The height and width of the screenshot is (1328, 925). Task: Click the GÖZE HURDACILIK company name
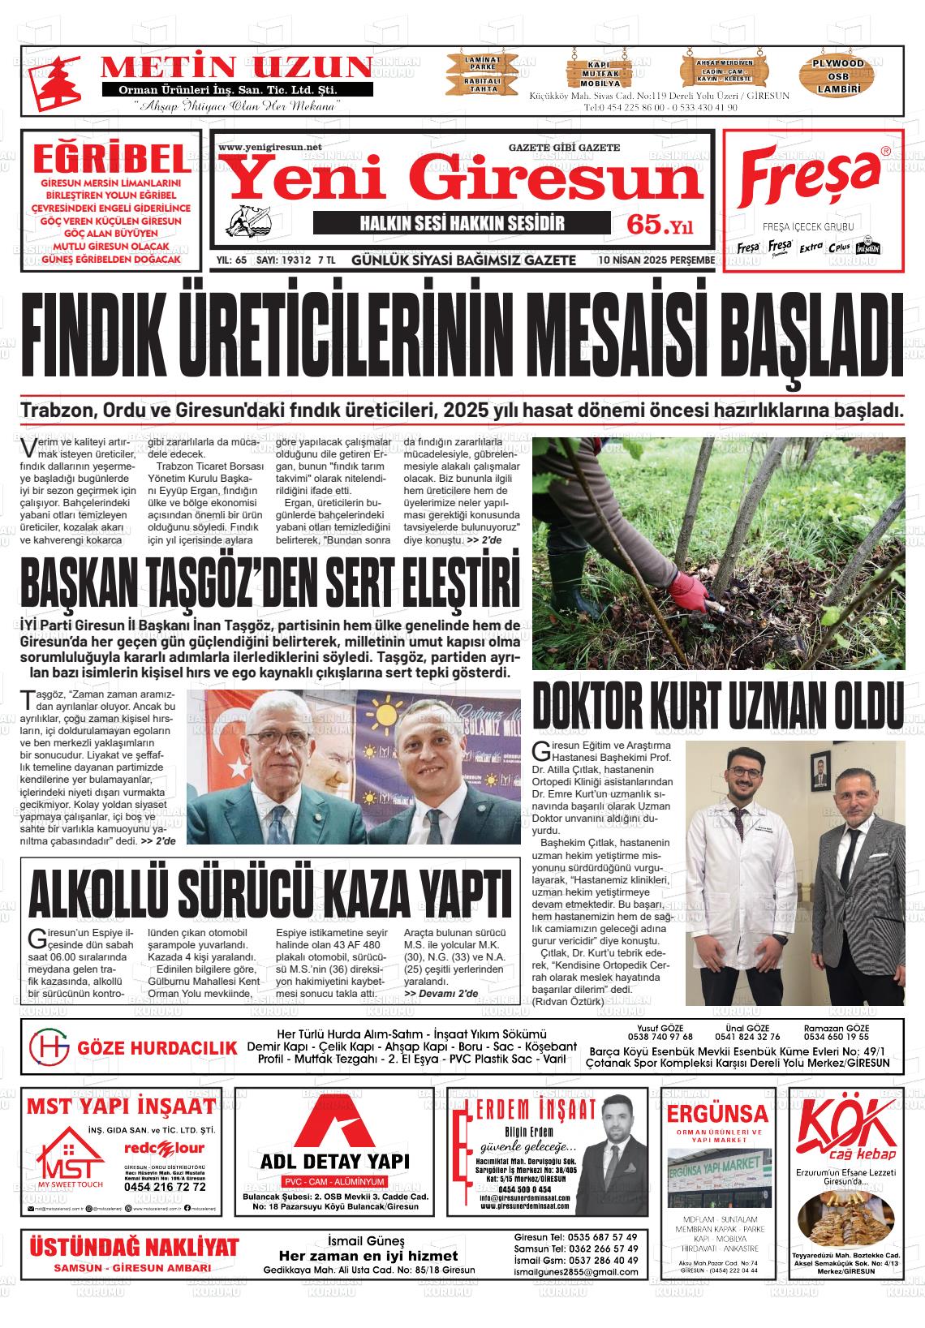(157, 1047)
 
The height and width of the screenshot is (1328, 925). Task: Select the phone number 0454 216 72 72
(165, 1187)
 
